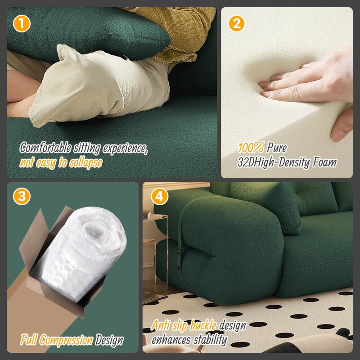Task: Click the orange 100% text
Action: click(251, 148)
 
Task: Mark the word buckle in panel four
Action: click(202, 325)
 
